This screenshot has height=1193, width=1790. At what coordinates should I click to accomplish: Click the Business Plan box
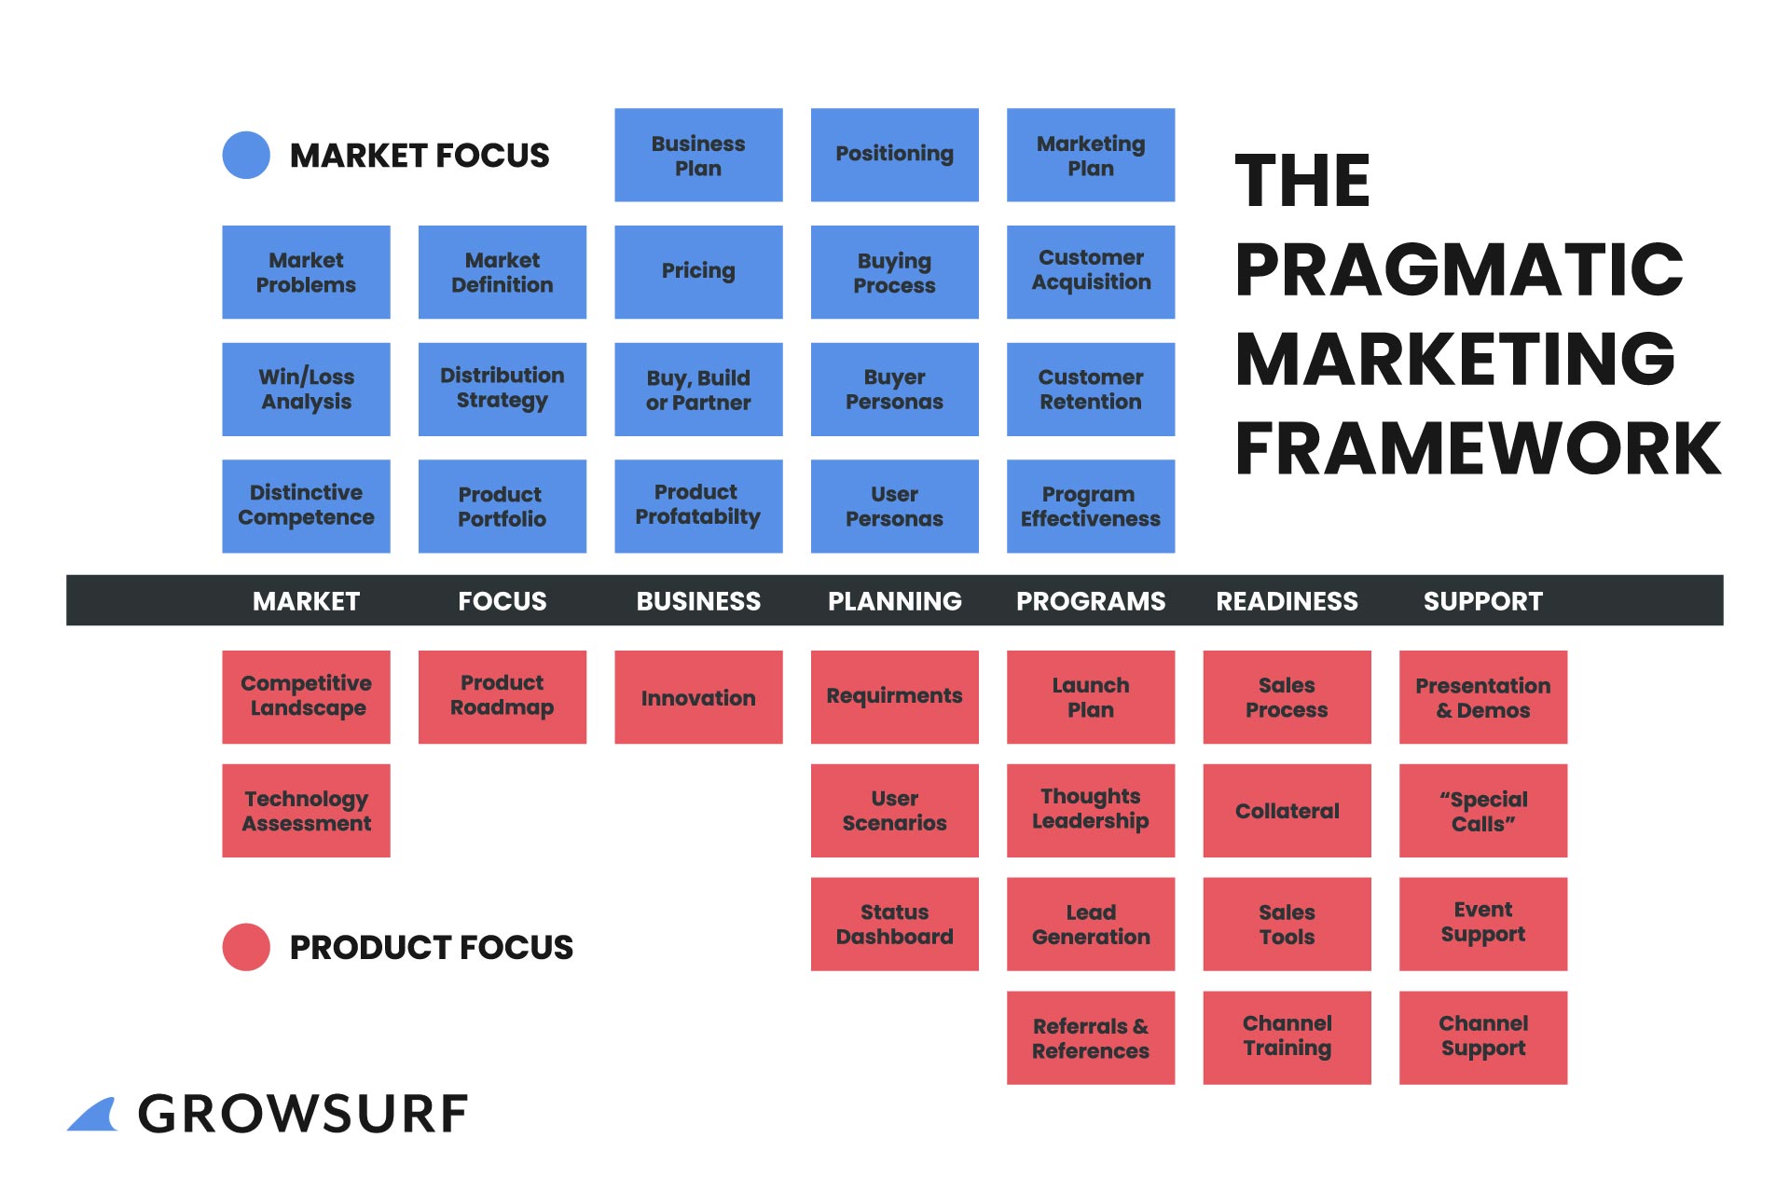tap(698, 155)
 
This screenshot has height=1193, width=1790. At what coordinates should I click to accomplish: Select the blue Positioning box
tap(894, 155)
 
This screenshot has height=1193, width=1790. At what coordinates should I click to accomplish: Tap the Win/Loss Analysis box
tap(306, 389)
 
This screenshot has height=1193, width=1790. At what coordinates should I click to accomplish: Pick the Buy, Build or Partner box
tap(698, 389)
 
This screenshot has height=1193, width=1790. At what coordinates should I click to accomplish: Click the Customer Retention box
tap(1090, 389)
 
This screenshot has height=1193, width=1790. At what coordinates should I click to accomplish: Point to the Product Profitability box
tap(698, 505)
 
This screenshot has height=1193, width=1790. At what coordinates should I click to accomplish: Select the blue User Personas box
tap(894, 505)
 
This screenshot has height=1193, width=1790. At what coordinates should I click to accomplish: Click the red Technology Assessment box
tap(306, 810)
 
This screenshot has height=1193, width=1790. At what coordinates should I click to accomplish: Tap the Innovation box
tap(698, 696)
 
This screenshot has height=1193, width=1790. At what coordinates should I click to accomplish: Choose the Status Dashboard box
tap(894, 924)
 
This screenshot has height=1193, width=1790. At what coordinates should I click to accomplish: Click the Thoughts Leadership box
tap(1090, 810)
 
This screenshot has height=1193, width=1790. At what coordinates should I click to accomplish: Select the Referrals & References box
tap(1090, 1037)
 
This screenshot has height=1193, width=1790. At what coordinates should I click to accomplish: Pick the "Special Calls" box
tap(1482, 810)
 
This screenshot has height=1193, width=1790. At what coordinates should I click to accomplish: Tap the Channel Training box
tap(1287, 1037)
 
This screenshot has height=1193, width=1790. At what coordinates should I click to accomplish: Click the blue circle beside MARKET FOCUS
tap(246, 155)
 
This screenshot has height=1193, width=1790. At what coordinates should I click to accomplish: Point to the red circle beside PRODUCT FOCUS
tap(246, 947)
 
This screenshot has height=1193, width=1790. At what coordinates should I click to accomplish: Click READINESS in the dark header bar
tap(1287, 601)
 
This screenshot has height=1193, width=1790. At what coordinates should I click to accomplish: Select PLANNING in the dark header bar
tap(894, 601)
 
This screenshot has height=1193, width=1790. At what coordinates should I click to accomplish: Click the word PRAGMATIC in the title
tap(1458, 269)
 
